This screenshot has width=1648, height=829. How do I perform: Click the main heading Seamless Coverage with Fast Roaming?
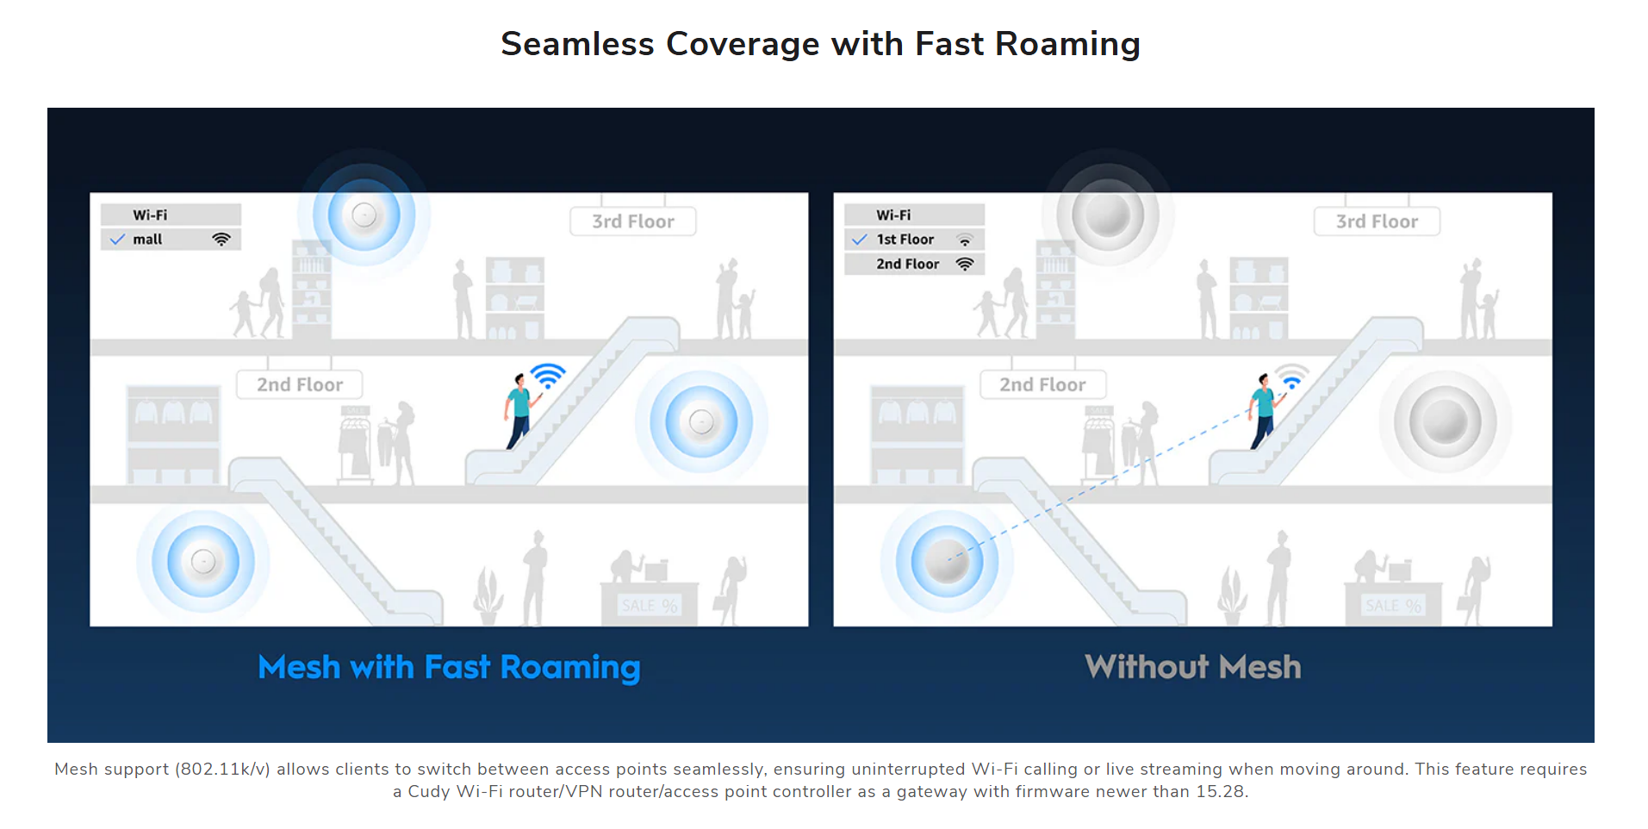pos(820,44)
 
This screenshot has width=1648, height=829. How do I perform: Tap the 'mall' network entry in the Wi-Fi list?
pos(171,240)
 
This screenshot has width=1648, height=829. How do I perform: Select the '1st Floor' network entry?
pos(914,240)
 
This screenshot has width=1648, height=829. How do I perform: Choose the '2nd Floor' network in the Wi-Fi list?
pos(914,264)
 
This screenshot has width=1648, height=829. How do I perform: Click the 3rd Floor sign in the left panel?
pos(633,221)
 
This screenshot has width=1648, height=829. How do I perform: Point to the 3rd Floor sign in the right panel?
pos(1377,221)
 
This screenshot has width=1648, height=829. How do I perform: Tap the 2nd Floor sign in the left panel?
pos(300,384)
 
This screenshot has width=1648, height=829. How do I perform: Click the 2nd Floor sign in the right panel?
pos(1043,384)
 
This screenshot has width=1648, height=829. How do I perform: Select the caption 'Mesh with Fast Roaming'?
pos(449,667)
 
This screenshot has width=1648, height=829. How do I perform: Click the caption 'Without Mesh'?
pos(1193,667)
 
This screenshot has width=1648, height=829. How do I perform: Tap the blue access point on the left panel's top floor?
pos(364,215)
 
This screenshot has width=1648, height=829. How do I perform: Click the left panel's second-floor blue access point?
pos(701,422)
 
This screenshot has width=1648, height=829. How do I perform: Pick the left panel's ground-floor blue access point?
pos(203,562)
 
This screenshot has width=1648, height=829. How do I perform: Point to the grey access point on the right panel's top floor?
pos(1108,215)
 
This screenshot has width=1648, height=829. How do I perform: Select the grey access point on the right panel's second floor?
pos(1445,422)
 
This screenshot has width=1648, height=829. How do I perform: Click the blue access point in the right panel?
pos(947,562)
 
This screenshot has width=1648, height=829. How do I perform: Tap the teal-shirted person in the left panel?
pos(520,410)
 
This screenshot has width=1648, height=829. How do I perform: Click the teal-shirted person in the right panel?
pos(1264,410)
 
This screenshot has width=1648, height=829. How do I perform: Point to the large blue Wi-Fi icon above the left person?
pos(548,376)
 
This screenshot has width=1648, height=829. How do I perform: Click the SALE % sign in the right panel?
pos(1393,606)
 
